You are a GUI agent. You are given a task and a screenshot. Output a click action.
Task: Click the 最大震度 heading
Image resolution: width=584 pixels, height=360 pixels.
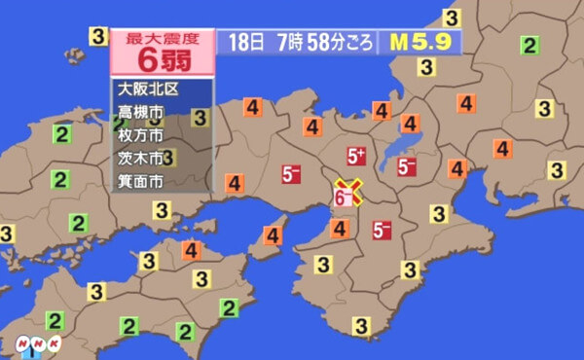pyautogui.click(x=164, y=40)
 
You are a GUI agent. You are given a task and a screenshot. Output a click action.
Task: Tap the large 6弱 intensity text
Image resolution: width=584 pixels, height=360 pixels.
pyautogui.click(x=163, y=60)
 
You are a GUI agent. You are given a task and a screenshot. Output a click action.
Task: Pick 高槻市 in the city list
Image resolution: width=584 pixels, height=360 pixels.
pyautogui.click(x=140, y=112)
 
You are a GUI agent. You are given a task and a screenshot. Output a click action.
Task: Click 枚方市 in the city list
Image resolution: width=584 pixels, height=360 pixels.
pyautogui.click(x=140, y=134)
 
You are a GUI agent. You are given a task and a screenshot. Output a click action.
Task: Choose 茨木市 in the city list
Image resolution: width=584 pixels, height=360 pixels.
pyautogui.click(x=140, y=157)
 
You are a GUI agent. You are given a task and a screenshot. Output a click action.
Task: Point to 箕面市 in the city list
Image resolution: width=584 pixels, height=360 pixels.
pyautogui.click(x=140, y=180)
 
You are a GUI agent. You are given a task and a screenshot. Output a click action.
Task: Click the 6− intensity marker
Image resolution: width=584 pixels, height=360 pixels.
pyautogui.click(x=344, y=198)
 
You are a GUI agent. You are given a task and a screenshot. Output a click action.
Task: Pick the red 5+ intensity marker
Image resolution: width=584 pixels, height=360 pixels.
pyautogui.click(x=356, y=156)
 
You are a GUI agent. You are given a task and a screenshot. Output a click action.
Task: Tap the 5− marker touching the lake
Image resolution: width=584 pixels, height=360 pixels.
pyautogui.click(x=407, y=166)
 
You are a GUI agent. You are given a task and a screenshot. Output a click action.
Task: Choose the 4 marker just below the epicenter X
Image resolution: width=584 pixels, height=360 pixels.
pyautogui.click(x=340, y=230)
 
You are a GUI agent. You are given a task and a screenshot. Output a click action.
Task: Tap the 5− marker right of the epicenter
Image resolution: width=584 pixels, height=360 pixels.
pyautogui.click(x=381, y=230)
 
